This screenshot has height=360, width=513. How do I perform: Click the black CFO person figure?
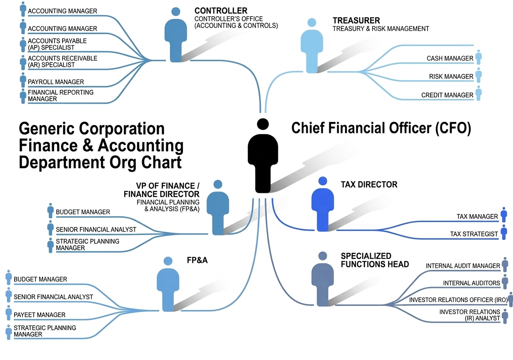coord(263,158)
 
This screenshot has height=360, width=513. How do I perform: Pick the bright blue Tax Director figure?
coord(323,206)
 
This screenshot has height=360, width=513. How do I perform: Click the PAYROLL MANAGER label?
coord(56,82)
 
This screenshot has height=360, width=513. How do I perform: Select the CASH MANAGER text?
coord(450,59)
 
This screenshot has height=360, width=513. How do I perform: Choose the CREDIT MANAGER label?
coord(447,95)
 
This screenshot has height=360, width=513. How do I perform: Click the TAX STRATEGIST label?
coord(474,234)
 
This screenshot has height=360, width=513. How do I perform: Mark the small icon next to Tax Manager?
coord(504,215)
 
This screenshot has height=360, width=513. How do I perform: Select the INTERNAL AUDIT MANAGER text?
coord(463,266)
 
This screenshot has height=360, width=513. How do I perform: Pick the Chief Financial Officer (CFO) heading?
coord(381,128)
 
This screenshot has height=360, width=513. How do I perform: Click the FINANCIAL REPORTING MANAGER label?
coord(60,95)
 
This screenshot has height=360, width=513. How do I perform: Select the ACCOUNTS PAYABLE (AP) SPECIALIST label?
coord(57,44)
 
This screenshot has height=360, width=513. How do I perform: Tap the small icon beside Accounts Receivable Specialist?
coord(23,62)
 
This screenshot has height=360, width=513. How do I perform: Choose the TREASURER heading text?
coord(356,20)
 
